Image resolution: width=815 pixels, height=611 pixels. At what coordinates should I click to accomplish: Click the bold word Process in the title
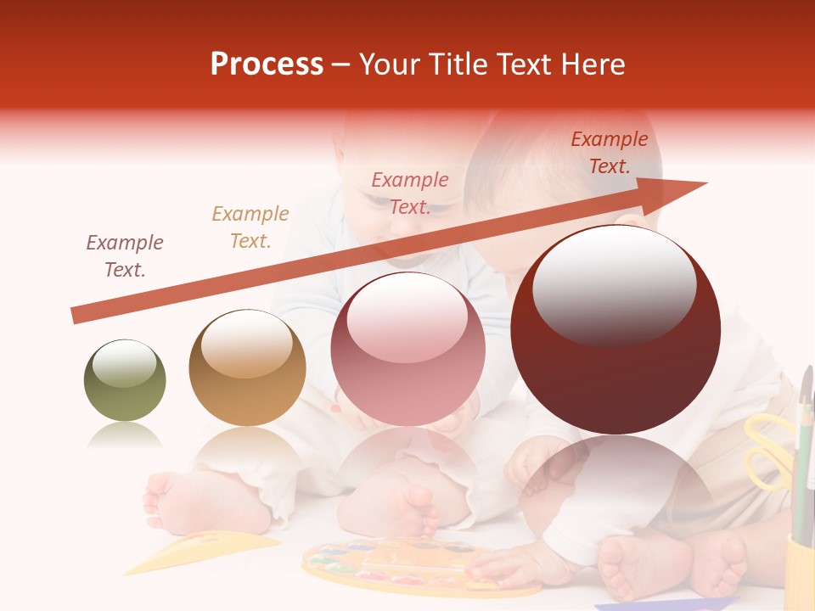click(x=267, y=64)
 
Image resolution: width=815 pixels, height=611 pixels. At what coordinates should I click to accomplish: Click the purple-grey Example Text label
click(x=125, y=256)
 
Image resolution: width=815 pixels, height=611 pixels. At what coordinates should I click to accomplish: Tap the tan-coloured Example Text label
click(x=250, y=227)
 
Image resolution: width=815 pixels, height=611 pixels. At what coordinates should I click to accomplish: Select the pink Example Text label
click(x=410, y=193)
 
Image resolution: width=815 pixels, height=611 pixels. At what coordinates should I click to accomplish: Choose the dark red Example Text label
click(x=610, y=153)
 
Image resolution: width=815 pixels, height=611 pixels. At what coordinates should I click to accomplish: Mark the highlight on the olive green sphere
click(x=124, y=363)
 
